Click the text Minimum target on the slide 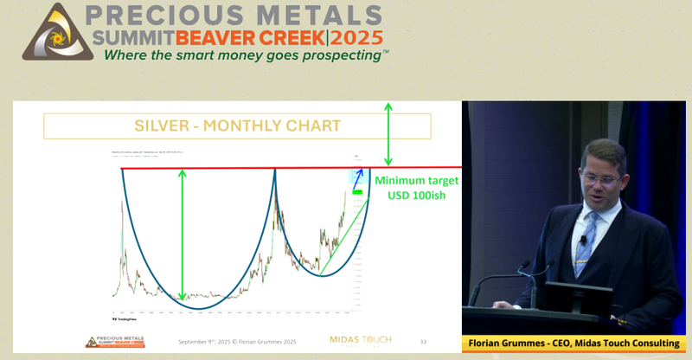coord(415,182)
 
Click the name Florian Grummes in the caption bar coord(511,344)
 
